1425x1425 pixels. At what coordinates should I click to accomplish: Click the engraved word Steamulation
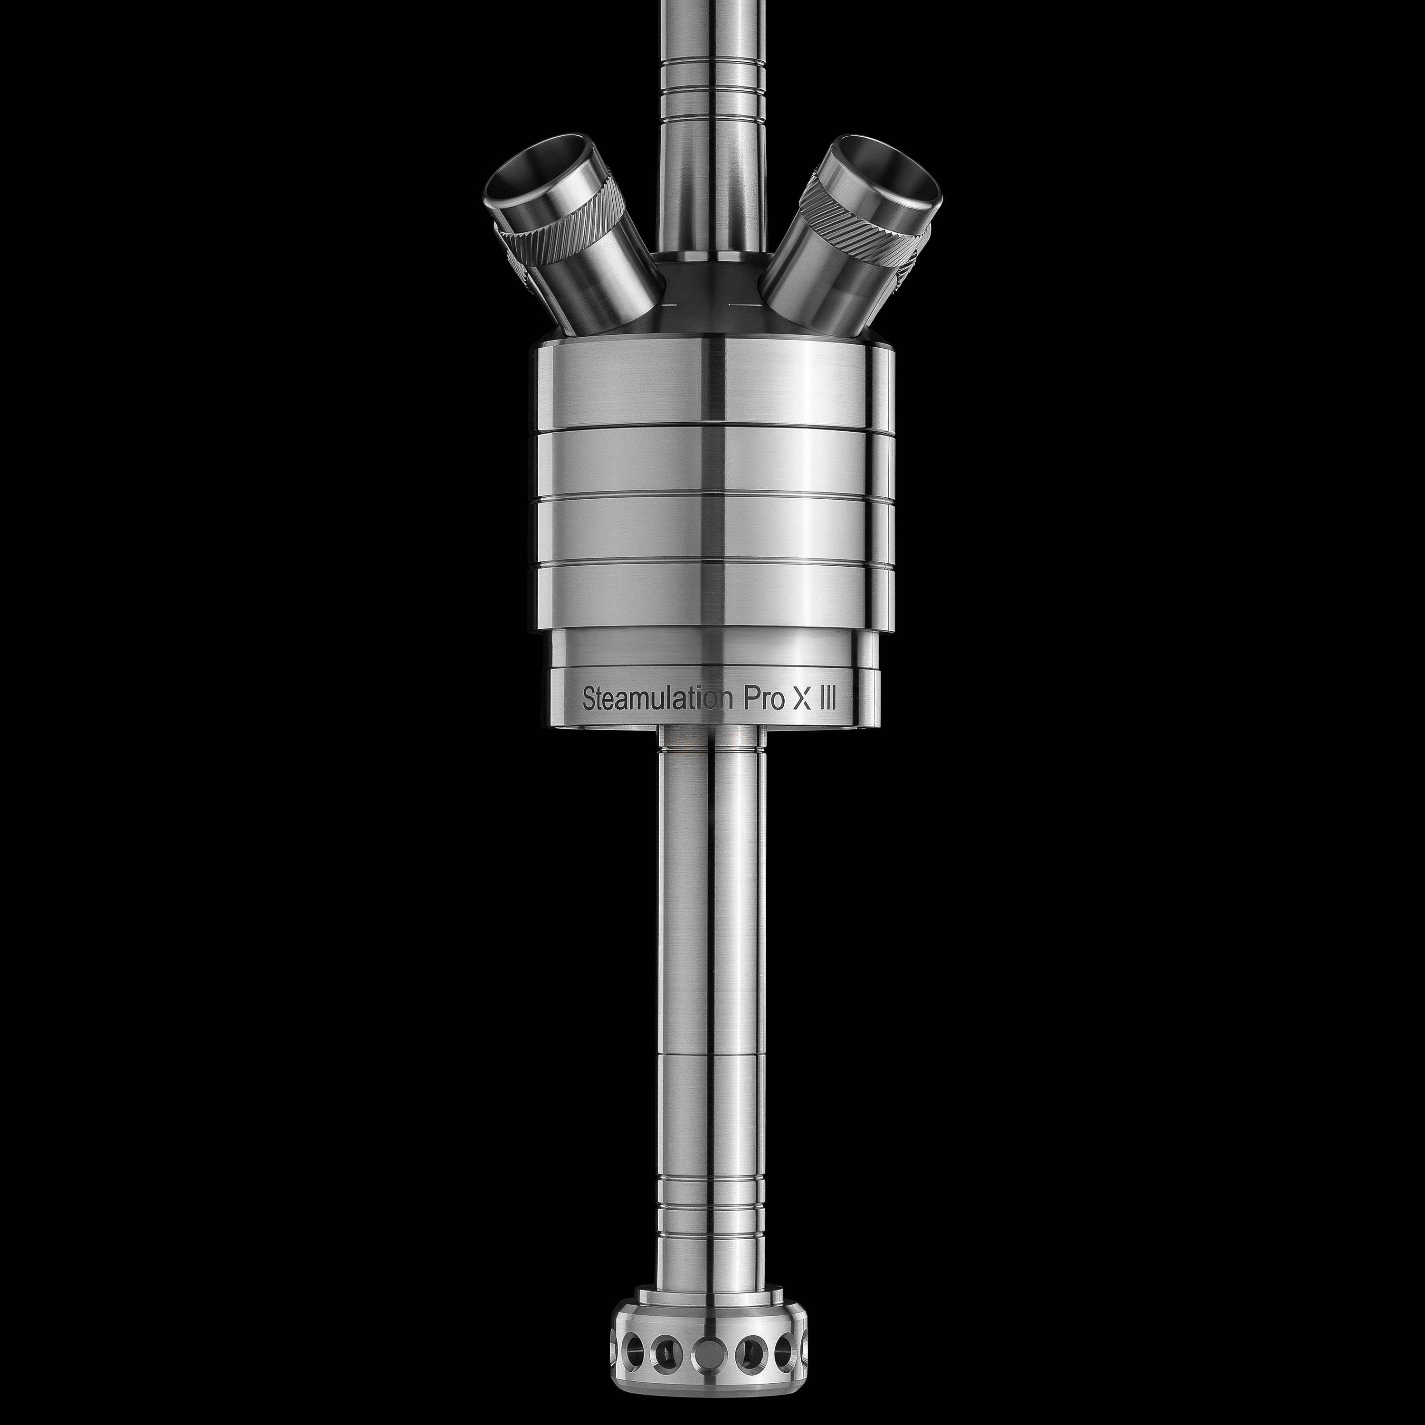click(659, 698)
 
